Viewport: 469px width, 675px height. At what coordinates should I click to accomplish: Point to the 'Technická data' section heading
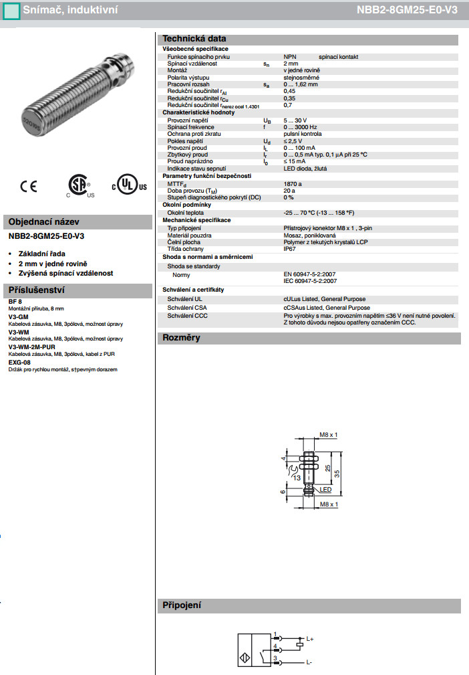(x=194, y=39)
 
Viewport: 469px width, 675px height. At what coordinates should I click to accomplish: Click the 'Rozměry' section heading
(x=182, y=338)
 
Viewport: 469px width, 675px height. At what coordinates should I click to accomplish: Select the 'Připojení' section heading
(x=182, y=605)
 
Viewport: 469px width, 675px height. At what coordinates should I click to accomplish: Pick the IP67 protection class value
(x=289, y=248)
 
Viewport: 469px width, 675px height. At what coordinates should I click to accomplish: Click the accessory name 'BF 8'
(x=15, y=302)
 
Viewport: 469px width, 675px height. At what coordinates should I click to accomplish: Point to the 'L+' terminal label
(x=309, y=639)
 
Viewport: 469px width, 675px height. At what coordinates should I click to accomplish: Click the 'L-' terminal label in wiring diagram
(x=309, y=662)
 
